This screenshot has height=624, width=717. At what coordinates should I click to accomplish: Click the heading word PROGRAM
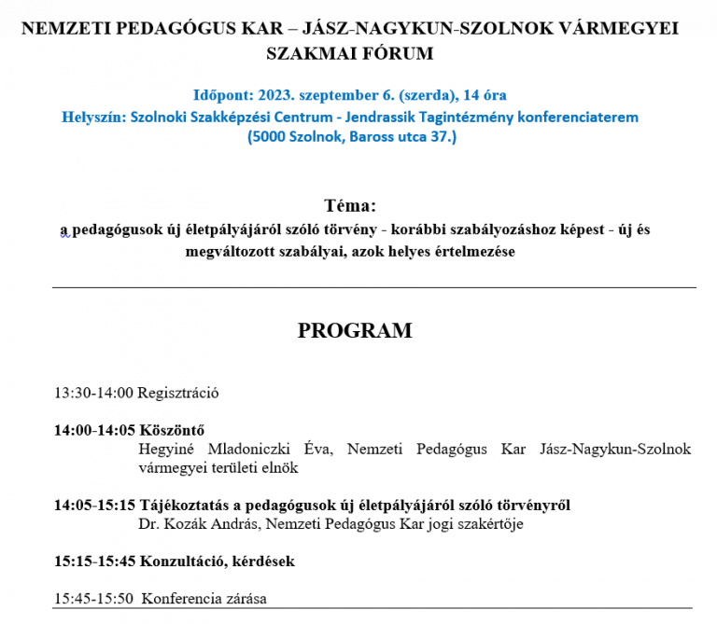[354, 331]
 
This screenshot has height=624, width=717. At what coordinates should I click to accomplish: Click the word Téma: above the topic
[350, 205]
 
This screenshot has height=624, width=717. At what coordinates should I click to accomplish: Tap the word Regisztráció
[178, 393]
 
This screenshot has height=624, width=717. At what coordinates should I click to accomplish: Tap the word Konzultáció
[183, 562]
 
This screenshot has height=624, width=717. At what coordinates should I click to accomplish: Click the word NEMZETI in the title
[64, 28]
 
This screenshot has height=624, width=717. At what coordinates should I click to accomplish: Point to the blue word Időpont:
[222, 95]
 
